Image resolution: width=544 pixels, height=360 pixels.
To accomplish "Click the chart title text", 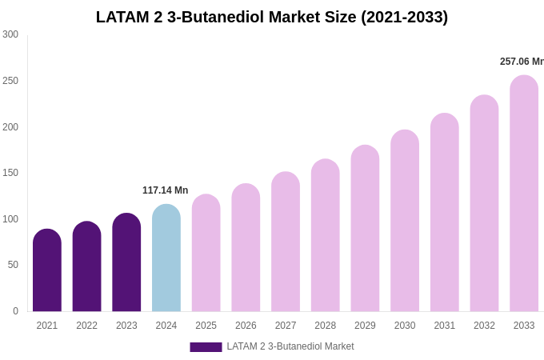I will (x=272, y=17).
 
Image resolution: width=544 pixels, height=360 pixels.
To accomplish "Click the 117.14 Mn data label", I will (x=165, y=190).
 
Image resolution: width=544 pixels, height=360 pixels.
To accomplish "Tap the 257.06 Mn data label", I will (x=521, y=62).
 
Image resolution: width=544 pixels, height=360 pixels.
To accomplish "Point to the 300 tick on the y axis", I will (x=10, y=34).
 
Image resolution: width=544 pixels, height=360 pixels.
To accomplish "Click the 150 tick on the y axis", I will (x=10, y=173).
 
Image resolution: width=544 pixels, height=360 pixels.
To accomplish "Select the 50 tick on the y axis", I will (x=13, y=265).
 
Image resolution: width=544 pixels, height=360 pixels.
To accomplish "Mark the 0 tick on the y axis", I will (x=15, y=311).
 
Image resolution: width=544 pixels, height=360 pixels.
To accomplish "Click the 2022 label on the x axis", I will (x=86, y=326).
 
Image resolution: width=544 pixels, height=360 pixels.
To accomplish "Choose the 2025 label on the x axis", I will (x=206, y=326).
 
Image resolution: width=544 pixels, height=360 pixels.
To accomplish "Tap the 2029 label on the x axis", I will (x=365, y=326).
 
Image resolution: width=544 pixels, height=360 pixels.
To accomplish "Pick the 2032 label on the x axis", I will (x=484, y=326).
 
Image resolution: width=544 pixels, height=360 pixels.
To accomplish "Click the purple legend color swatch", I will (x=206, y=347).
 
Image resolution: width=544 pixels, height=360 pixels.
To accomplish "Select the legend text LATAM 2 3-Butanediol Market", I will (x=290, y=346).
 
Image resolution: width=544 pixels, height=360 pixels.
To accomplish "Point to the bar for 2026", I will (x=246, y=248).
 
